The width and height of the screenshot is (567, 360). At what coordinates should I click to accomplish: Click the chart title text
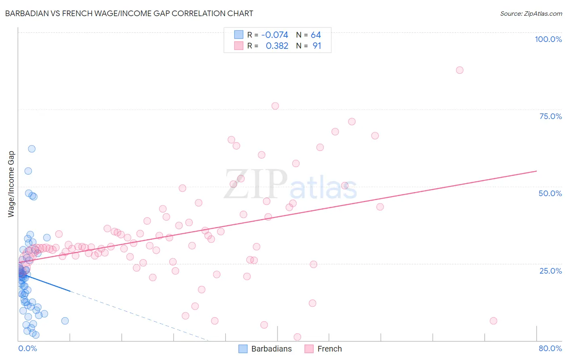(129, 13)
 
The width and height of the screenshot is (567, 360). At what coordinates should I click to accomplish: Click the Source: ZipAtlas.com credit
(531, 13)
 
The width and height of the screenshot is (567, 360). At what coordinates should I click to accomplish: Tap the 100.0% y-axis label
(548, 39)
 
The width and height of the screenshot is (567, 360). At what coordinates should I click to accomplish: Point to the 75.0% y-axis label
(550, 116)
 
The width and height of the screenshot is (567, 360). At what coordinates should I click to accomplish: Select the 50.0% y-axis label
(550, 193)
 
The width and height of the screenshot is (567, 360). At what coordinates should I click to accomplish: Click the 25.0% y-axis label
(550, 270)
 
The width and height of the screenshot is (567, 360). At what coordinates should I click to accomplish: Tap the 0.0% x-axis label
(27, 348)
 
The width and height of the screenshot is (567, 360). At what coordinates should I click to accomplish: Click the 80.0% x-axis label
(550, 348)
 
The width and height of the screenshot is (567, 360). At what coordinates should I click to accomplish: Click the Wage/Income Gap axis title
(11, 184)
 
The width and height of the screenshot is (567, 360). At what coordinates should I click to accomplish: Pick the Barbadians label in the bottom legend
(271, 349)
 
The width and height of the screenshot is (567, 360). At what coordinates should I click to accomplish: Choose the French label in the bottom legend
(329, 349)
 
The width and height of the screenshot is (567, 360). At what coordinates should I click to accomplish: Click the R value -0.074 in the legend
(275, 35)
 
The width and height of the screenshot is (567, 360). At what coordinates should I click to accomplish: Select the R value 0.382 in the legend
(277, 46)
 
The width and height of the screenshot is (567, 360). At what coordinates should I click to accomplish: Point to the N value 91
(317, 46)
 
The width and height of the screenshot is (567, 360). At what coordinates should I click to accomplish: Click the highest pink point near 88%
(459, 70)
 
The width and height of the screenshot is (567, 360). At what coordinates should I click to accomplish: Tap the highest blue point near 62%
(31, 149)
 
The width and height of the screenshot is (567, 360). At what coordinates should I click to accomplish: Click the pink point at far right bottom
(493, 321)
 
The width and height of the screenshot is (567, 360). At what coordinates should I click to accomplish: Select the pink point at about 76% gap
(275, 106)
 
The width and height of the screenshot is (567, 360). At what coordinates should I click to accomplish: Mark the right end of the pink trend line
(536, 171)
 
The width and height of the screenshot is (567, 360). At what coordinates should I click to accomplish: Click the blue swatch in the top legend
(239, 35)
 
